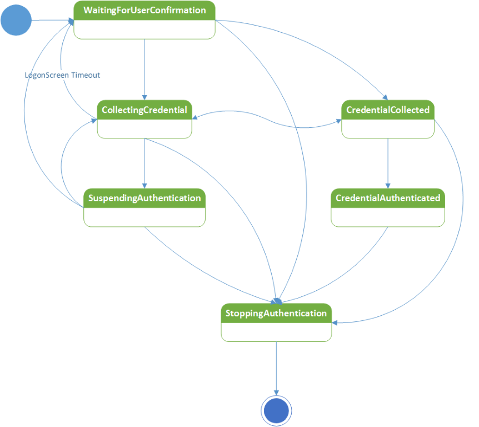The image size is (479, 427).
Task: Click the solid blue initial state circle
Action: point(16,20)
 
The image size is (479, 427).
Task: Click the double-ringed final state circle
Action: point(276,411)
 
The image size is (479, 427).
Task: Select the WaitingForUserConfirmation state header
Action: point(144,11)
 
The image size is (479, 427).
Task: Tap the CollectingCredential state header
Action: point(144,110)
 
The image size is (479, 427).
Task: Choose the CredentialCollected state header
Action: point(388,110)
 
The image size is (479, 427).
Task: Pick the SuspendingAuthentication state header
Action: point(144,198)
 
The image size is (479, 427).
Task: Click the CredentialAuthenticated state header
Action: point(388,198)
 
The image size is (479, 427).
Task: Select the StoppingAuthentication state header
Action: point(276,313)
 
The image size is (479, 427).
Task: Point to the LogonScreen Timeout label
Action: point(62,75)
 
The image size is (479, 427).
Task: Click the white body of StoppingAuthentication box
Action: point(276,332)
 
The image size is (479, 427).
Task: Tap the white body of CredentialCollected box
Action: point(388,128)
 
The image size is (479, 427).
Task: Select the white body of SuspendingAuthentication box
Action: point(144,217)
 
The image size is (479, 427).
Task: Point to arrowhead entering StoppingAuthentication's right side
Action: point(335,322)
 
